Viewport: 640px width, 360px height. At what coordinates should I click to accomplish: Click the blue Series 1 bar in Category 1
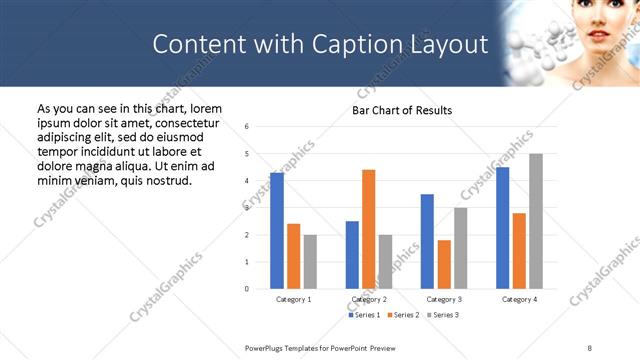277,231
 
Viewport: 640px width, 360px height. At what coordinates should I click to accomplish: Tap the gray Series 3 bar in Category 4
536,221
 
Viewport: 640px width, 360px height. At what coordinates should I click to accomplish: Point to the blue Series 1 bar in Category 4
502,228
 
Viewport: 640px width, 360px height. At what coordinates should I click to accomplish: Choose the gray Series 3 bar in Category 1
310,262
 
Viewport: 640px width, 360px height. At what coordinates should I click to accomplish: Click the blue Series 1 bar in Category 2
352,255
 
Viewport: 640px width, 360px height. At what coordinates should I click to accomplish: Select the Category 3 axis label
443,299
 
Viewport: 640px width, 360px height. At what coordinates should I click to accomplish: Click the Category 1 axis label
293,299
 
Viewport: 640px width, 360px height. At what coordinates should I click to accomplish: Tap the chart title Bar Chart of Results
402,110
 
